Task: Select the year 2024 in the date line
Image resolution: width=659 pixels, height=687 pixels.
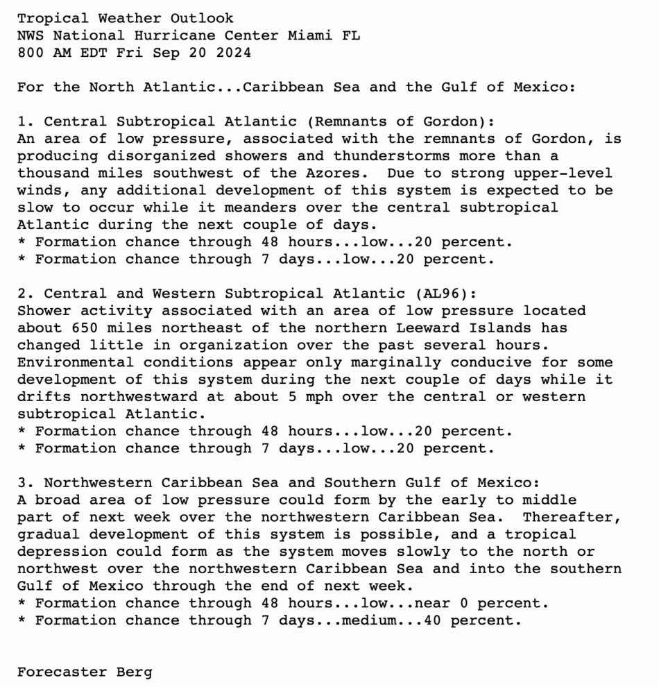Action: (x=234, y=53)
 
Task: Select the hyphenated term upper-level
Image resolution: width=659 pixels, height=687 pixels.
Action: (x=568, y=173)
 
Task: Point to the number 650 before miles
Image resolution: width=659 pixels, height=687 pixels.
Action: (x=85, y=328)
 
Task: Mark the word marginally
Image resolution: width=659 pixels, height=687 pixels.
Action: (x=396, y=363)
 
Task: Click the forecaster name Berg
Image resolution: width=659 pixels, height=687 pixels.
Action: (x=135, y=672)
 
